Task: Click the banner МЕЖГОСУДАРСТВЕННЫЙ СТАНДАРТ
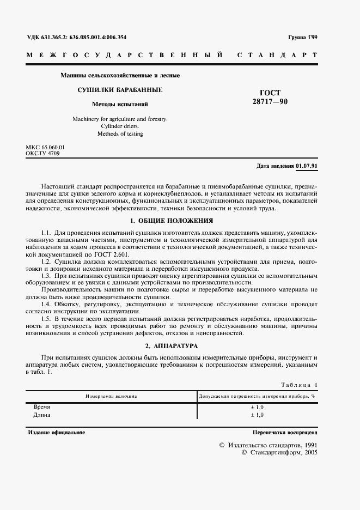pyautogui.click(x=172, y=56)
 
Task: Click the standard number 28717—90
pyautogui.click(x=270, y=101)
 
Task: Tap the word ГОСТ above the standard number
pyautogui.click(x=270, y=93)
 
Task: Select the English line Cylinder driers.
pyautogui.click(x=120, y=126)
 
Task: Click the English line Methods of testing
pyautogui.click(x=120, y=133)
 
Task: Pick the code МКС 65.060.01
pyautogui.click(x=45, y=148)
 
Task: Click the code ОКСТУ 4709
pyautogui.click(x=42, y=154)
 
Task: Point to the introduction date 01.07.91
pyautogui.click(x=307, y=166)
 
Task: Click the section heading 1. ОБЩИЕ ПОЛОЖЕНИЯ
pyautogui.click(x=172, y=221)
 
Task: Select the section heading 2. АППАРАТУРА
pyautogui.click(x=172, y=346)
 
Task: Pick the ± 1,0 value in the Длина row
pyautogui.click(x=257, y=415)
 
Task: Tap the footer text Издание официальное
pyautogui.click(x=56, y=432)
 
